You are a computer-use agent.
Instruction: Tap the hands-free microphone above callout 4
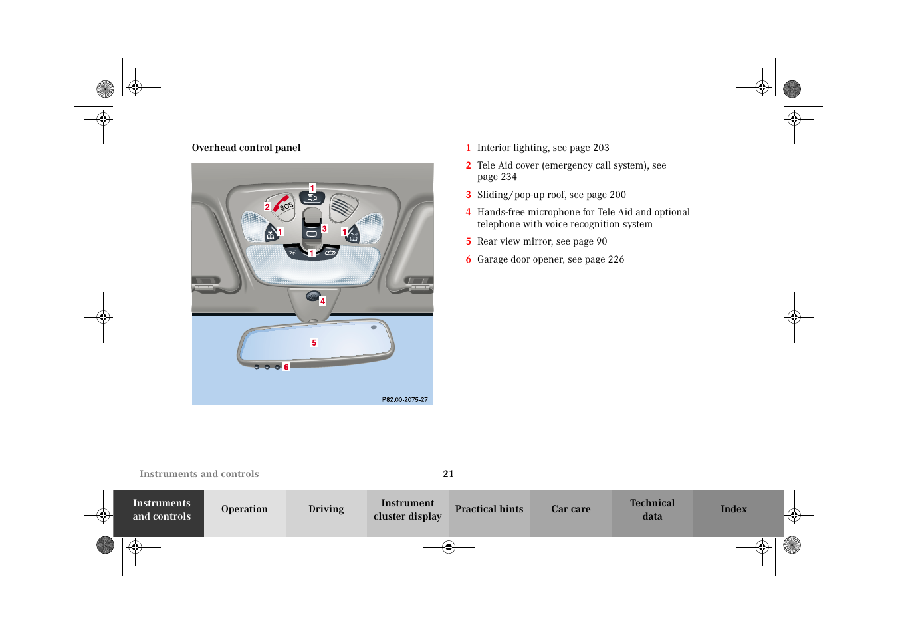point(312,296)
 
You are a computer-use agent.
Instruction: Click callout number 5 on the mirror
point(314,343)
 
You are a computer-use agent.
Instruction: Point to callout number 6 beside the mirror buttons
point(286,367)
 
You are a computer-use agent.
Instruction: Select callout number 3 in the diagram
point(324,229)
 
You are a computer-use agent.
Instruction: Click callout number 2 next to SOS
point(267,207)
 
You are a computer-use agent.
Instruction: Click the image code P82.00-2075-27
point(405,400)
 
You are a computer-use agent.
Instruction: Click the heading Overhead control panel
point(246,148)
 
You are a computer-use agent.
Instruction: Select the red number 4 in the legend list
point(468,212)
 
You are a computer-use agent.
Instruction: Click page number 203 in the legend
point(601,148)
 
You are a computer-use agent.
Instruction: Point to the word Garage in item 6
point(493,259)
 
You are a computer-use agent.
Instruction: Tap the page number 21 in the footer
point(449,474)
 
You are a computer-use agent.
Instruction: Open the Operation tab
point(245,509)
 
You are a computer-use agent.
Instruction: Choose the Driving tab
point(326,509)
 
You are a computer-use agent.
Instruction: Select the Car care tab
point(570,509)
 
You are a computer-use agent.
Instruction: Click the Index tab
point(733,509)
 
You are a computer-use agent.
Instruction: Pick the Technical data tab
point(652,509)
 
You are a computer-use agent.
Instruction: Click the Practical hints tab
point(489,509)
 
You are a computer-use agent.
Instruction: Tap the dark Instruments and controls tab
point(162,509)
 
